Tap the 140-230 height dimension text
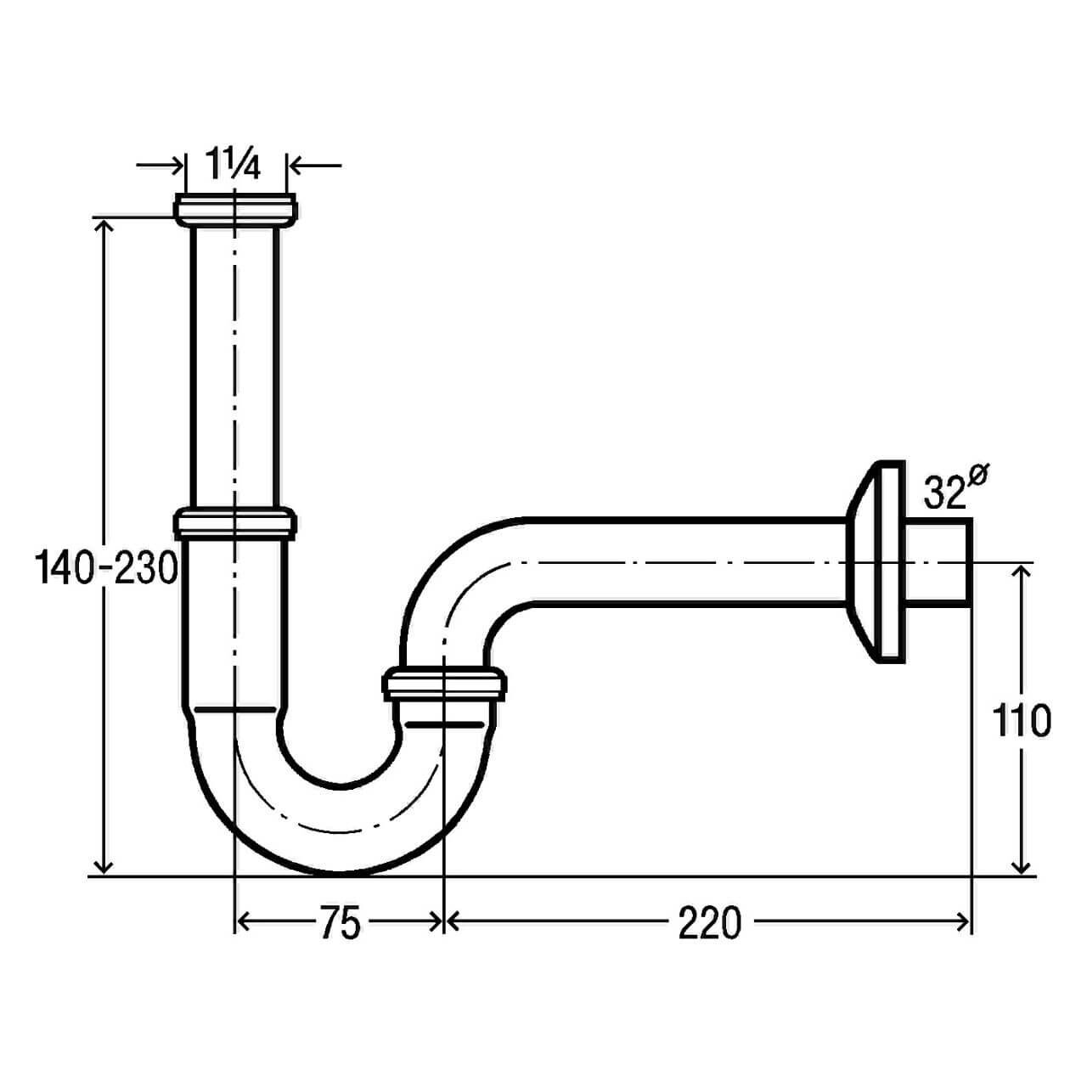107,567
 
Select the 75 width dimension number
340,923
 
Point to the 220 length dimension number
709,923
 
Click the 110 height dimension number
1022,720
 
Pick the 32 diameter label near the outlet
945,493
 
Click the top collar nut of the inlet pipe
235,209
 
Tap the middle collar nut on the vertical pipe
235,521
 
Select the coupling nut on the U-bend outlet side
445,684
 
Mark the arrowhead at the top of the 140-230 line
104,225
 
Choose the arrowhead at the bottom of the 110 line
1022,866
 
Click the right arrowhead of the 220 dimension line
963,922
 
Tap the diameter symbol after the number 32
977,478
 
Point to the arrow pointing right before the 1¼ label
175,165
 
